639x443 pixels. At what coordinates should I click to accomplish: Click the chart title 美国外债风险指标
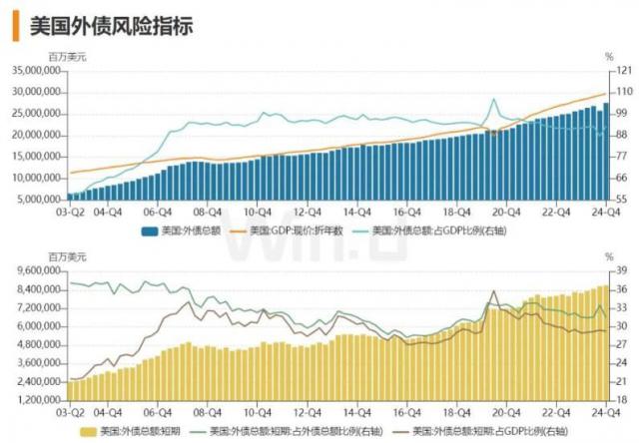[110, 25]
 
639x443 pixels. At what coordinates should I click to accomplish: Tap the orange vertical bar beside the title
[14, 25]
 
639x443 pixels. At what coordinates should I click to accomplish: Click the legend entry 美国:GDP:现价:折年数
[296, 230]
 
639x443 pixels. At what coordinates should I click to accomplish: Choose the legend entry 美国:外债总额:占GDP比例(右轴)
[424, 230]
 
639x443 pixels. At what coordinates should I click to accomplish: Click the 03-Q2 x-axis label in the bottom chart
[68, 412]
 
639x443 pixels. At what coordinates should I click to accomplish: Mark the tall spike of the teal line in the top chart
[492, 100]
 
